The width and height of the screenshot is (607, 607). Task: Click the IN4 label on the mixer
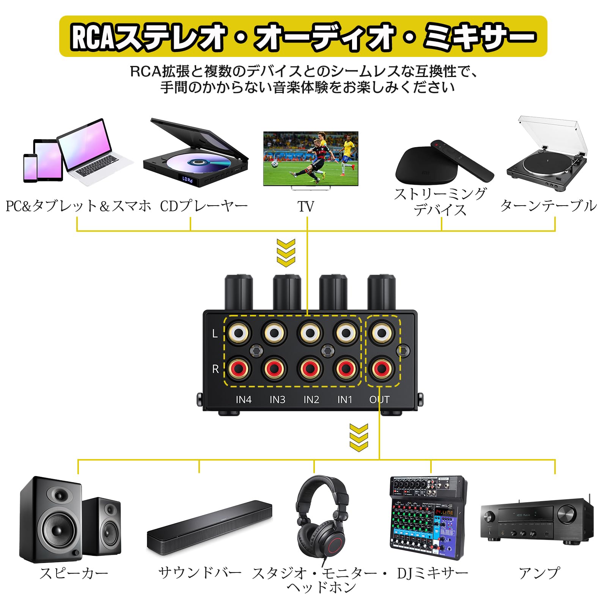[243, 399]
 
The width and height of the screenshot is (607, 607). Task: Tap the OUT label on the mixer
[379, 399]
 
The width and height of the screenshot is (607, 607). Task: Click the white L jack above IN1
[346, 333]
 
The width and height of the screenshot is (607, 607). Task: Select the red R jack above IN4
[239, 368]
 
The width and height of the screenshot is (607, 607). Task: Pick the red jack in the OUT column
[382, 368]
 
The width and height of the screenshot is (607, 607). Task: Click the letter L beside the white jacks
[215, 333]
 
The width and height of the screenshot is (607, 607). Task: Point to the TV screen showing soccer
[311, 158]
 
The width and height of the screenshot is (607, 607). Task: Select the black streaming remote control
[462, 159]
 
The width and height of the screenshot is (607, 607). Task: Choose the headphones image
[322, 520]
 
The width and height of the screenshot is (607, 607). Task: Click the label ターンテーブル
[548, 206]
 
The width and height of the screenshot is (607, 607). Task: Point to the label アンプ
[539, 572]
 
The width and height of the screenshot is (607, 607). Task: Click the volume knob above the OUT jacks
[381, 292]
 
